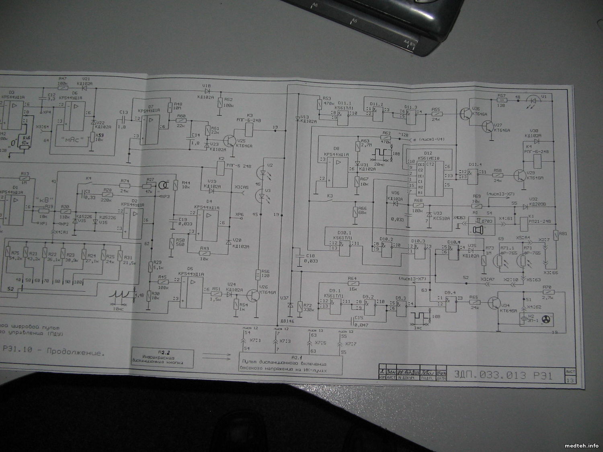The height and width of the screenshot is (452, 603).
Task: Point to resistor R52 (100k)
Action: [x=220, y=102]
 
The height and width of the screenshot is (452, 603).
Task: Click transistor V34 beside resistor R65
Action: [x=494, y=302]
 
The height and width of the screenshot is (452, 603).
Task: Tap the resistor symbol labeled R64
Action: [x=352, y=283]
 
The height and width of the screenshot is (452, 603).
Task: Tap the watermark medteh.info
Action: [x=581, y=445]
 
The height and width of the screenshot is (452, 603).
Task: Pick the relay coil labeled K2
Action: [x=220, y=170]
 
